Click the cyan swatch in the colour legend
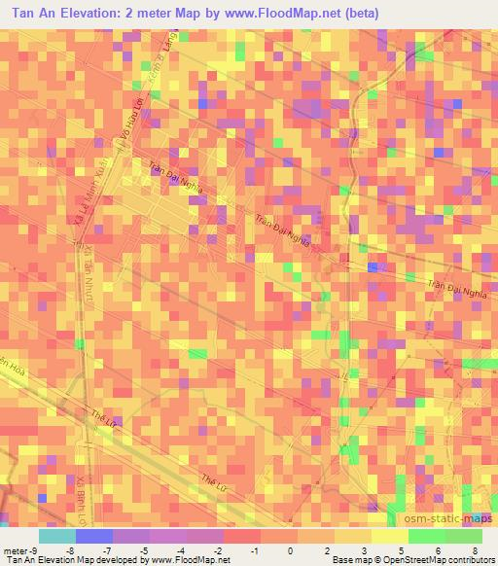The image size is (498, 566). (x=57, y=536)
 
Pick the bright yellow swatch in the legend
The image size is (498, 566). (x=389, y=536)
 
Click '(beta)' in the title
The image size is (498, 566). (x=356, y=14)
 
